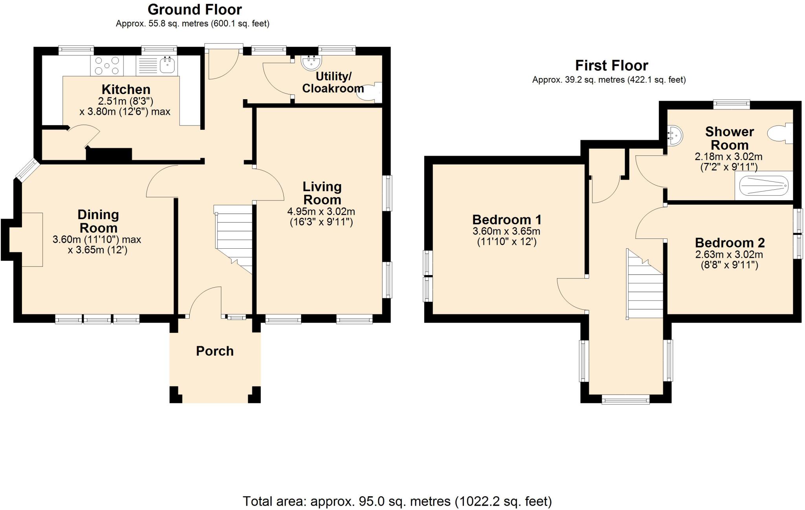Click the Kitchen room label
(126, 89)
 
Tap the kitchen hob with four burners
(107, 66)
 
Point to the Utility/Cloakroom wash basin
(311, 61)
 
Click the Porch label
(215, 351)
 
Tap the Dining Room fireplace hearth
(32, 240)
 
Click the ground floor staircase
(233, 239)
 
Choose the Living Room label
(322, 193)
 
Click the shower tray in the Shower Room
(764, 185)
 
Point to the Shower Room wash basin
(675, 135)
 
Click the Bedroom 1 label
(507, 220)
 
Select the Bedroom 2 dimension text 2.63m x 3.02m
(729, 255)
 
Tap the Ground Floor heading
(195, 9)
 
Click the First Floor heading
(612, 65)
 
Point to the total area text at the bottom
(397, 501)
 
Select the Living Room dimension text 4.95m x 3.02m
(321, 212)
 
